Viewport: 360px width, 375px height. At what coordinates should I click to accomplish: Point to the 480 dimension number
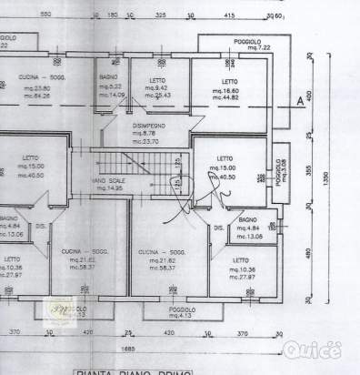(x=311, y=256)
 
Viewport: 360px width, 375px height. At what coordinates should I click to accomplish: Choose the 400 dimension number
(x=311, y=96)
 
